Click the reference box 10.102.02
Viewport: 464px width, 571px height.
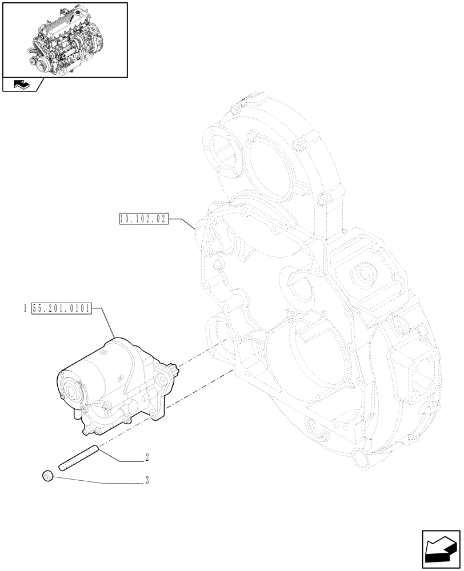143,219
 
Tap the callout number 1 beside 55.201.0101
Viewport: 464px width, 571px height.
26,309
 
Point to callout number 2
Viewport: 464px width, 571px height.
147,457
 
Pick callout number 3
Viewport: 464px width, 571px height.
147,481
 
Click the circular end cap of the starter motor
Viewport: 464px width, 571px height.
70,391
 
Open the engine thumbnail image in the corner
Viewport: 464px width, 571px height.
65,39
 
